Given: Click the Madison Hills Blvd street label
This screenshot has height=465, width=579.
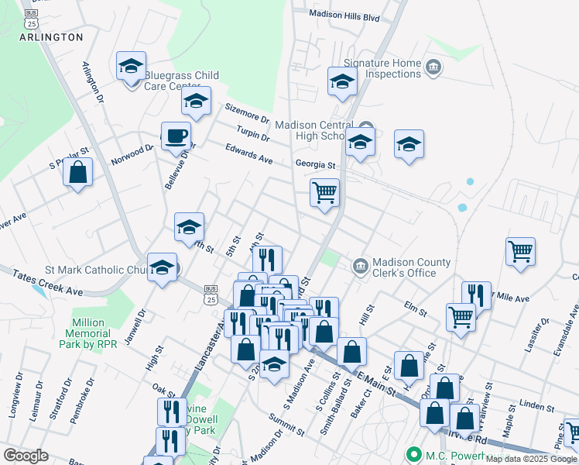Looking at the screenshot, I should [344, 15].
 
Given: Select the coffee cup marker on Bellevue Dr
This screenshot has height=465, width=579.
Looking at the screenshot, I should [176, 136].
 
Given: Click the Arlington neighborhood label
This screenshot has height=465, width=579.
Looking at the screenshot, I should [51, 36].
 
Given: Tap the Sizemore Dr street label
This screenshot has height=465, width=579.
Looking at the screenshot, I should [246, 115].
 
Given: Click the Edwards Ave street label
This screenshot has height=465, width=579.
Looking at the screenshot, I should [249, 153].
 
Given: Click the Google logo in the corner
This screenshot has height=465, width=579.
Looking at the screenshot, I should [26, 455].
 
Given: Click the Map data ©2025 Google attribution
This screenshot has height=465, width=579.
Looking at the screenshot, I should [531, 458].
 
